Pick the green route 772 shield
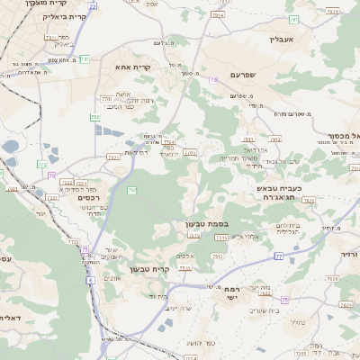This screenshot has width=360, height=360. [x=42, y=164]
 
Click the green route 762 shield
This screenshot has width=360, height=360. [x=131, y=191]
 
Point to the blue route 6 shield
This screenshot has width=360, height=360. [x=90, y=280]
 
